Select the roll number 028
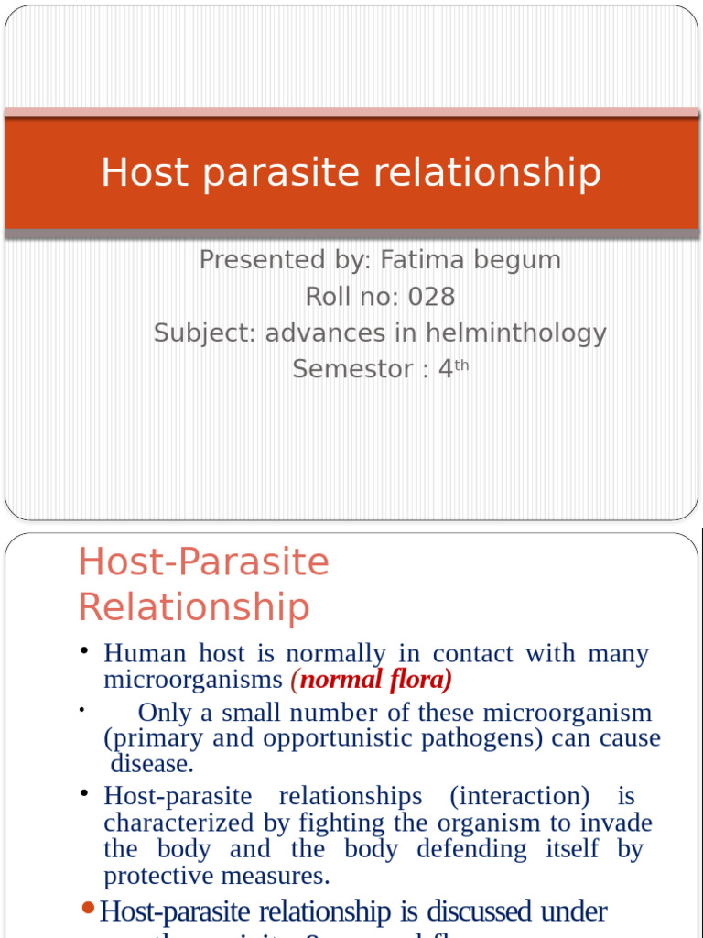pos(431,297)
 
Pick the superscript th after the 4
pos(462,365)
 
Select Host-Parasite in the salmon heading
pos(203,562)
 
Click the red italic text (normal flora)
pos(372,680)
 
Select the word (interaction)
pos(519,796)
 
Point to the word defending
pos(471,849)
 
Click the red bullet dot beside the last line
pos(88,908)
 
